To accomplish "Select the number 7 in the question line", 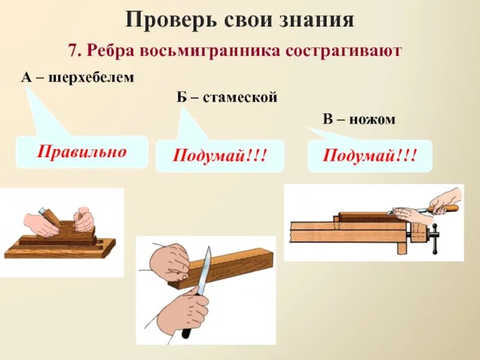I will click(73, 51).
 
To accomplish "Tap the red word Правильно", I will click(82, 151).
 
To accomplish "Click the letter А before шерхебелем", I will click(26, 78).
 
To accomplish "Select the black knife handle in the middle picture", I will click(188, 327).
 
